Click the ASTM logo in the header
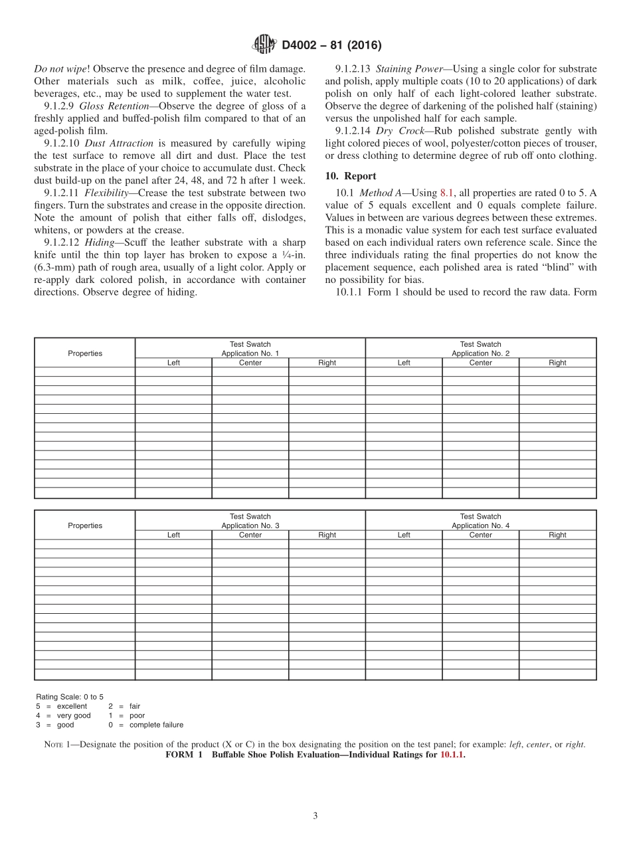(x=264, y=45)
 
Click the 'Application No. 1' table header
(x=250, y=353)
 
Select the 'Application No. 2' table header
(x=480, y=353)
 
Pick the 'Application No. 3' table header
(x=250, y=525)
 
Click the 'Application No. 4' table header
(x=480, y=525)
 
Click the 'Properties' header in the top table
(x=85, y=353)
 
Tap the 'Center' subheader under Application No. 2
(x=480, y=363)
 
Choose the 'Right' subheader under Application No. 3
(x=327, y=535)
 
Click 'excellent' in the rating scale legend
(x=72, y=706)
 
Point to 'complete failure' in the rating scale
(x=156, y=725)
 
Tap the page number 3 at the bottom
(x=315, y=816)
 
